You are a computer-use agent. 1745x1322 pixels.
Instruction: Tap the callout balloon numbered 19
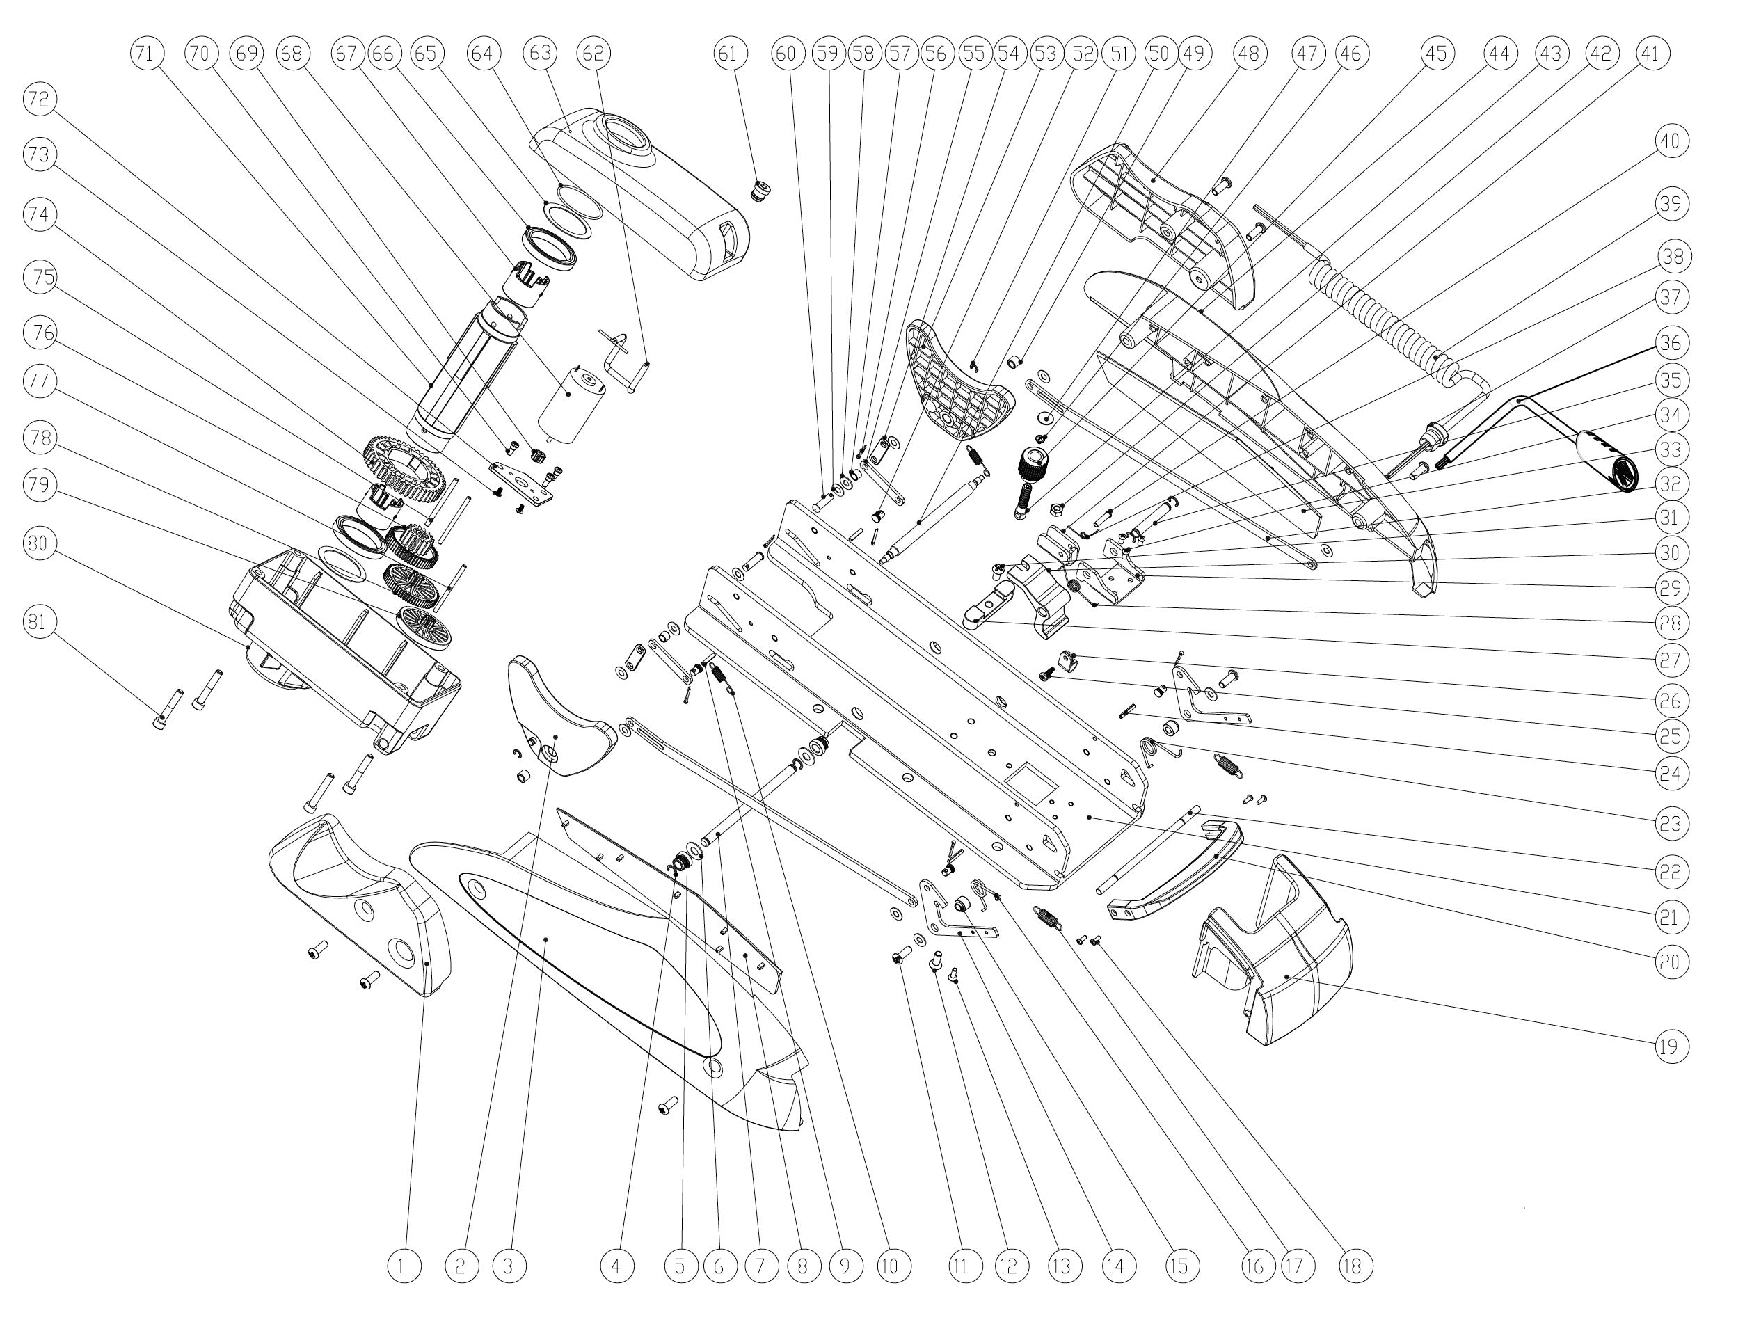click(x=1670, y=1046)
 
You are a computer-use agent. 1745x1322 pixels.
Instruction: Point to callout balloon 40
click(x=1670, y=141)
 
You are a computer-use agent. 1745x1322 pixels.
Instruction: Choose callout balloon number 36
click(x=1670, y=342)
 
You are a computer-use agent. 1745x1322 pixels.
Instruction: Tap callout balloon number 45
click(x=1436, y=53)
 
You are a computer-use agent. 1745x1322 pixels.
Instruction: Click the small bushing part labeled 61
click(x=760, y=191)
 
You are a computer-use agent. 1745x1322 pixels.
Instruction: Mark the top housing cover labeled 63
click(x=639, y=189)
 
